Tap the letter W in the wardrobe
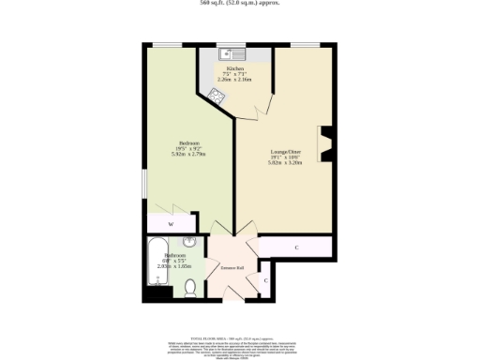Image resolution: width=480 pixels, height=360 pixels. [171, 225]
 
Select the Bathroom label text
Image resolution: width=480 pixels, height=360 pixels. [175, 255]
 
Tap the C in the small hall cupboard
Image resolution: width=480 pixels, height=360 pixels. [263, 280]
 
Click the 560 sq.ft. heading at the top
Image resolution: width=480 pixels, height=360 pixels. [240, 4]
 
